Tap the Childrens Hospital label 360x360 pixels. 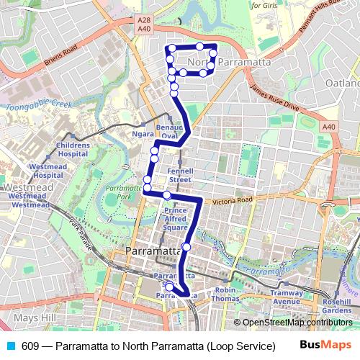click(73, 149)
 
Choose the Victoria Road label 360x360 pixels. click(233, 202)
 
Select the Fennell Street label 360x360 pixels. click(179, 175)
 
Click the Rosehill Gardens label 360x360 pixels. click(337, 305)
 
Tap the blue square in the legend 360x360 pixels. click(9, 345)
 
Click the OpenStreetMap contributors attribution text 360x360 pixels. click(295, 323)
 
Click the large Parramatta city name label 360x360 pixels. click(153, 251)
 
